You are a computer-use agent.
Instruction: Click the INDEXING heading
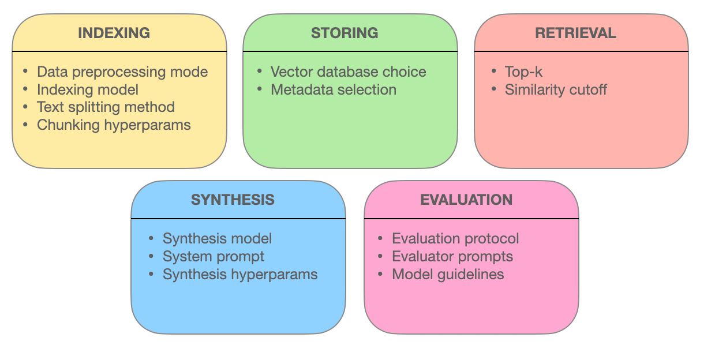114,33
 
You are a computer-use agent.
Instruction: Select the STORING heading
345,33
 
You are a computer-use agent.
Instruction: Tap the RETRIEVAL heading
576,33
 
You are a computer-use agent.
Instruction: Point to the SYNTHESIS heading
233,200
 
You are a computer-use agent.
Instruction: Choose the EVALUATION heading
466,200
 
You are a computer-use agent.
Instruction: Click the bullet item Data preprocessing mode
122,72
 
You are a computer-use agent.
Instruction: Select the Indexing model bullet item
88,90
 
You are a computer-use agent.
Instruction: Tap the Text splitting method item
106,107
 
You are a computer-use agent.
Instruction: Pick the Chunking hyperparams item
114,125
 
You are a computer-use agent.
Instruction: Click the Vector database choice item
348,72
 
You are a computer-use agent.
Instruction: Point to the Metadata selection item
334,89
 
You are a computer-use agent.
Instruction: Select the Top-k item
523,72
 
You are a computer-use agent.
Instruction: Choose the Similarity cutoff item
556,89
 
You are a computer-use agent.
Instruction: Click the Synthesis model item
217,239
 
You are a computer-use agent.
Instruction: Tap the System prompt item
213,257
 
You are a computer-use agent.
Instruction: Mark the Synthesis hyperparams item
240,275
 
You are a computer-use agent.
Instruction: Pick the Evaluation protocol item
455,239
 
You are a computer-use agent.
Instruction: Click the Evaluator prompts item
452,257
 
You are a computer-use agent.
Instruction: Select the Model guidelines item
448,275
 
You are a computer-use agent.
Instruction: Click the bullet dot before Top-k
494,70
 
